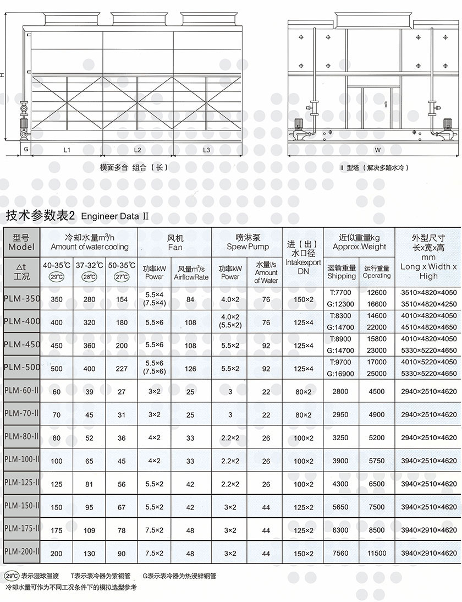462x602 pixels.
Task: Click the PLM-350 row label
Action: tap(21, 299)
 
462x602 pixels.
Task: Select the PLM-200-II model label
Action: tap(21, 551)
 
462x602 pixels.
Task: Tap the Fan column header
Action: tap(175, 243)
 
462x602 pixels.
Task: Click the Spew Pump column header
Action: tap(248, 243)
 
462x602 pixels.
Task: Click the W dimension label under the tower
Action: tap(377, 150)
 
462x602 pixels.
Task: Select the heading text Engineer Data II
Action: tap(115, 216)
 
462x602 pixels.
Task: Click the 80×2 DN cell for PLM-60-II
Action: tap(303, 392)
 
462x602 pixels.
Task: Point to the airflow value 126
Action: tap(190, 369)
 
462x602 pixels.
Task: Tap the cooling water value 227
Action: tap(122, 369)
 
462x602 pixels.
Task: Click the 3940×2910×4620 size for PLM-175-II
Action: tap(428, 530)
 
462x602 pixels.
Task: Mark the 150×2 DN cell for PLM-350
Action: tap(303, 299)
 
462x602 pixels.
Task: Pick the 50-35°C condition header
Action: tap(122, 265)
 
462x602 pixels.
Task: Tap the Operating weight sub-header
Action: tap(377, 272)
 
